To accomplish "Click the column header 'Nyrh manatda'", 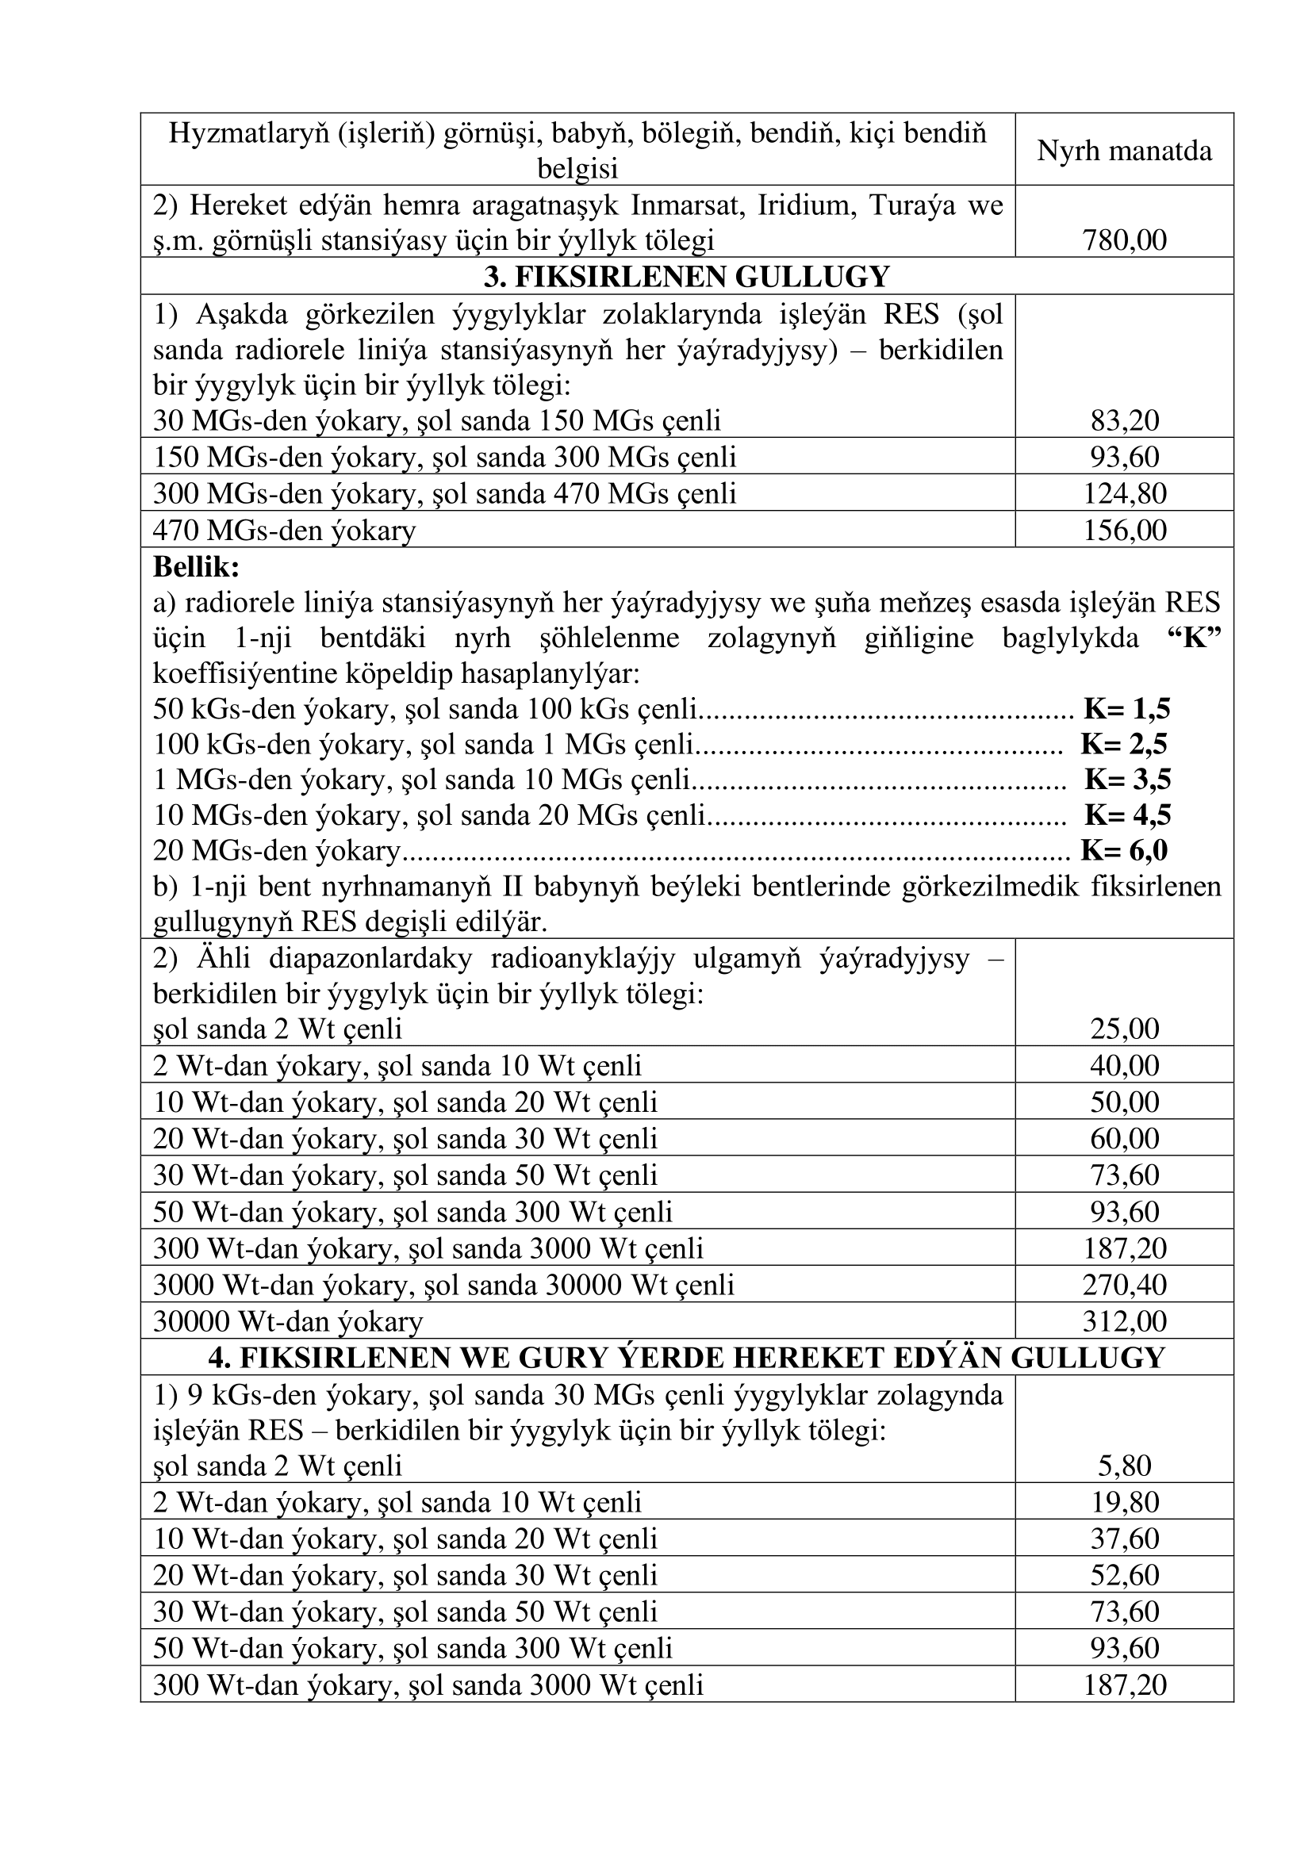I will [1124, 151].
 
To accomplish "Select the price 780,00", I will [1124, 240].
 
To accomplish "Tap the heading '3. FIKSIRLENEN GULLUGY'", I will [686, 276].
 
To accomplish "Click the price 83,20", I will [1124, 420].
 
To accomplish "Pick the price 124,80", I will [1124, 492].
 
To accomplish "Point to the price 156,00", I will [1124, 530].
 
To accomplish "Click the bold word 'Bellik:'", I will [196, 567].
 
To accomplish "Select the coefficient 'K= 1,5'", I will [1127, 709].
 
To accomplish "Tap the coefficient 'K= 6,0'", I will [1124, 851].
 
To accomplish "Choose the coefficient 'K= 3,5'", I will [1127, 780].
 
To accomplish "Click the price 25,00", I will [1124, 1029].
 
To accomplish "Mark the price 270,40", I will [1124, 1285].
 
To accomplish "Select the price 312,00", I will [1124, 1321].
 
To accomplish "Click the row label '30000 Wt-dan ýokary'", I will [288, 1322].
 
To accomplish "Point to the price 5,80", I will [1124, 1466].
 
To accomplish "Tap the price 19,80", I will [1124, 1502].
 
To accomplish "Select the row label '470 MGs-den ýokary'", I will [285, 531].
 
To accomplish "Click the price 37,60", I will [1124, 1539].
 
